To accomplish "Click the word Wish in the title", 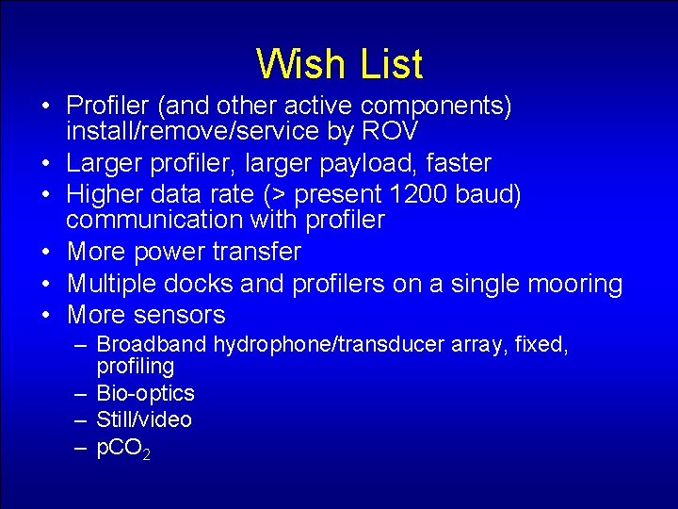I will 298,64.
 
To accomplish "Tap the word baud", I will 487,194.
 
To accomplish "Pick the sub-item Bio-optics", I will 145,393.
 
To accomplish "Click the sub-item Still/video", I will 144,419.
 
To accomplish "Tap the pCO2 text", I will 123,449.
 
